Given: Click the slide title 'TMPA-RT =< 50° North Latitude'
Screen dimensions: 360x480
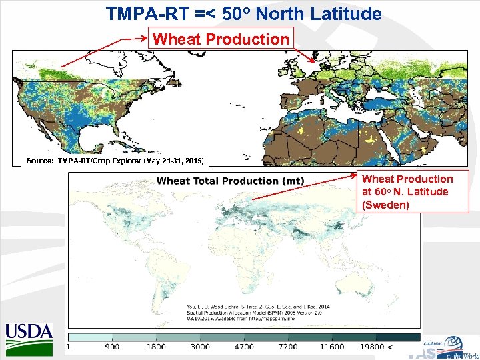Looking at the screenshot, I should (x=243, y=13).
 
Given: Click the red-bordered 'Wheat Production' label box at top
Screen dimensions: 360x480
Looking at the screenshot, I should (x=221, y=39).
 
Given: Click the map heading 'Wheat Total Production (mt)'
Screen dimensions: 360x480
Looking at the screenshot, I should (x=230, y=181).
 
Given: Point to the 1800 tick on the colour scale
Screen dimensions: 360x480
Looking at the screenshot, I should (x=156, y=347).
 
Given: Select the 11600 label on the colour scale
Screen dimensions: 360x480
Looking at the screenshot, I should (x=331, y=347).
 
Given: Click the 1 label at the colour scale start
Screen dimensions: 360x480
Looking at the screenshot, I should (x=69, y=347).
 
